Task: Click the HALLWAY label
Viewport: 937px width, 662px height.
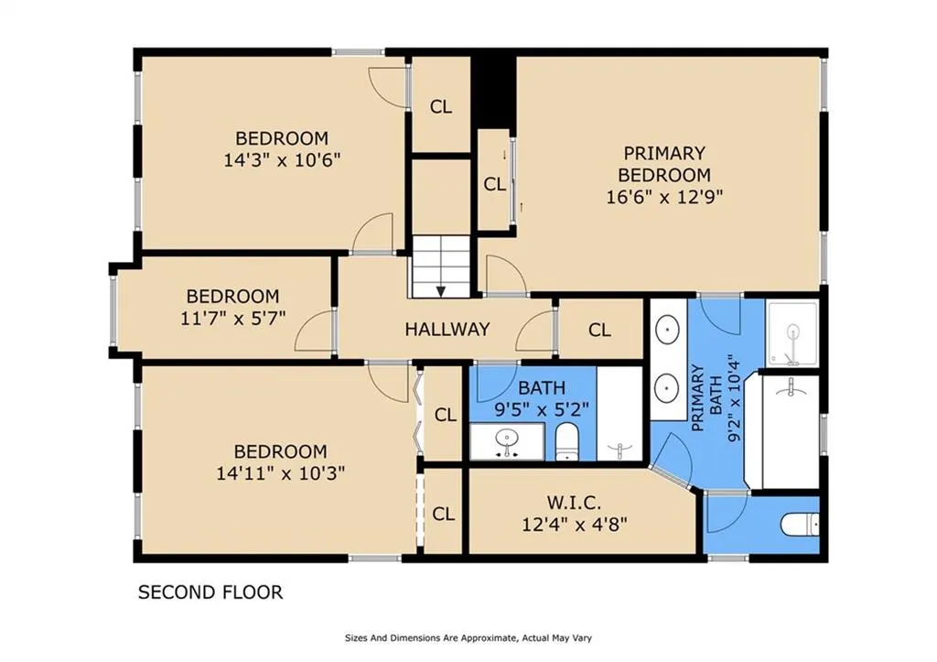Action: (x=447, y=329)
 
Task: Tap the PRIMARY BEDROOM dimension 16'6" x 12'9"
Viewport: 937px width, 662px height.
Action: (x=664, y=197)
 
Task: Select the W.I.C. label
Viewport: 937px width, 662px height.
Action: (x=573, y=502)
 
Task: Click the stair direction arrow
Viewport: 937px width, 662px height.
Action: (x=441, y=291)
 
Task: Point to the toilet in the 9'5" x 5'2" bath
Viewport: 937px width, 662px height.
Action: (x=565, y=442)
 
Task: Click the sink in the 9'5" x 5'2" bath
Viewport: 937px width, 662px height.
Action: (x=507, y=441)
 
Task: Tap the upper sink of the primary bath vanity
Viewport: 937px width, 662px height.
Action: (x=666, y=329)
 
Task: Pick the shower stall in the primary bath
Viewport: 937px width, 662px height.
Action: (x=793, y=333)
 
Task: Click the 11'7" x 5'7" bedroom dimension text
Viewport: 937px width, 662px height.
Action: (x=233, y=318)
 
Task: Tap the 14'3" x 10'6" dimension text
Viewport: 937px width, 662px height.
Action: (x=282, y=160)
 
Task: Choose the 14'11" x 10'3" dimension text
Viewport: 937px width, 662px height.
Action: (x=281, y=473)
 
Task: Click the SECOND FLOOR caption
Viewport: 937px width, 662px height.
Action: (x=210, y=592)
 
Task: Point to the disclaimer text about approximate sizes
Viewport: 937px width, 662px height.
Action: (x=468, y=638)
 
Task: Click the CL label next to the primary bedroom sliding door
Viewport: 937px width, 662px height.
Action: (x=495, y=184)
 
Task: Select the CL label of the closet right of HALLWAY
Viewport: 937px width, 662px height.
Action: (x=599, y=331)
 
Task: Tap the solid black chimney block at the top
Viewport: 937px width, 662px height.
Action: (x=493, y=90)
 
